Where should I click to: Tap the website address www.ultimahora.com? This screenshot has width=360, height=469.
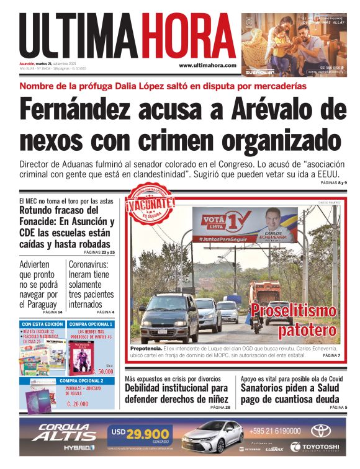click(207, 65)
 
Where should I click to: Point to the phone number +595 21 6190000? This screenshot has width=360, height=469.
click(275, 431)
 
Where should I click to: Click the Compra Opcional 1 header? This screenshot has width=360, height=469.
click(91, 324)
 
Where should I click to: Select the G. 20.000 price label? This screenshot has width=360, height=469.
click(78, 403)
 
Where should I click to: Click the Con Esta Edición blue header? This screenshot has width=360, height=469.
click(42, 324)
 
